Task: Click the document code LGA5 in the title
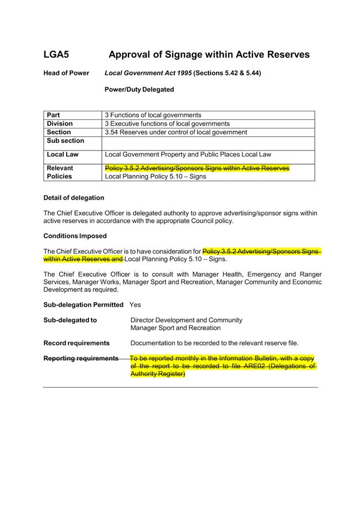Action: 56,55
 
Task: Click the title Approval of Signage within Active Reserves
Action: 208,55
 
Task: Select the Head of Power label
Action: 66,73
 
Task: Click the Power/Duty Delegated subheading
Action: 139,89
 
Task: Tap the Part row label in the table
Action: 53,115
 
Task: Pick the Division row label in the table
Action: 60,124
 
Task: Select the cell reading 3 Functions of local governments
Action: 153,115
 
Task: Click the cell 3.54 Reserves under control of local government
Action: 176,132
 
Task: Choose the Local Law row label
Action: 62,154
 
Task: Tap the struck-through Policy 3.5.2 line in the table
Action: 197,168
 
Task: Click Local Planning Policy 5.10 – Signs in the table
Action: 155,176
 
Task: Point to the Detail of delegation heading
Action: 73,197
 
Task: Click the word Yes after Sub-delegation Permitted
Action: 135,304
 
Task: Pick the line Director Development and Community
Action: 186,320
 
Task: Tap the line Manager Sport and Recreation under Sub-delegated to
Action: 175,328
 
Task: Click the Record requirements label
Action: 76,343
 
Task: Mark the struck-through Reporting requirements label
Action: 80,358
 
